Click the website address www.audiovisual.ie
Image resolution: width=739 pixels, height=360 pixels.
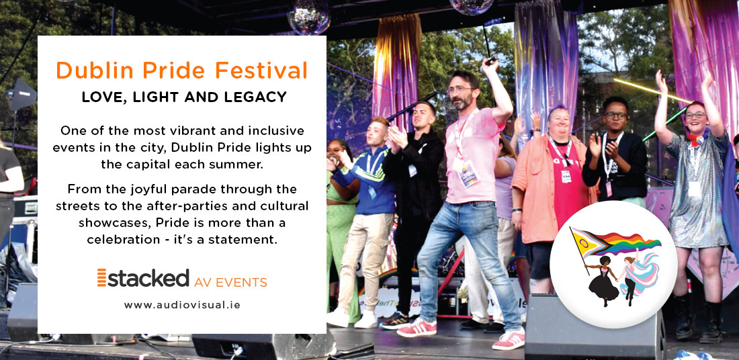tap(182, 305)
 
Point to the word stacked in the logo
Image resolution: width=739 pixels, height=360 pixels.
tap(148, 277)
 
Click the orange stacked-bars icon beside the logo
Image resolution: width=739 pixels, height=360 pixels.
tap(102, 277)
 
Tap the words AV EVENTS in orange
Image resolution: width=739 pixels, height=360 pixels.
tap(230, 282)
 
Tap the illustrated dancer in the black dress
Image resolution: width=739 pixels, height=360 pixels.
tap(603, 280)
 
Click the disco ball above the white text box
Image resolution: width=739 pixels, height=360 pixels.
tap(309, 17)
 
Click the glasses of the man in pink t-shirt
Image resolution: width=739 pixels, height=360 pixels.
tap(459, 89)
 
